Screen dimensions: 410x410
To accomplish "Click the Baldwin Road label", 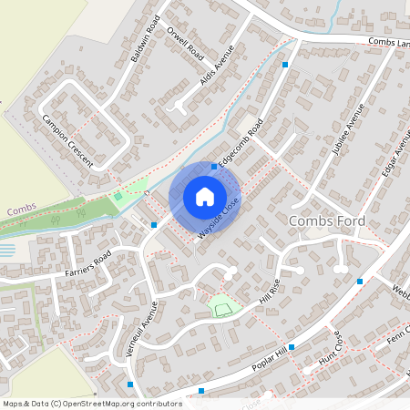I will [145, 38].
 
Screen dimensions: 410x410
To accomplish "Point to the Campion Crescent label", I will [67, 138].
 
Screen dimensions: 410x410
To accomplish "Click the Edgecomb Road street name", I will [240, 141].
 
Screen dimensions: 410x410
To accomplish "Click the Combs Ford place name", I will [326, 221].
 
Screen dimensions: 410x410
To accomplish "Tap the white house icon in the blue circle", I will [205, 196].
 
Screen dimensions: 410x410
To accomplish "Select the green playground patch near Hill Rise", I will [222, 310].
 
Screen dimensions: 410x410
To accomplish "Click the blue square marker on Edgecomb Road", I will [214, 167].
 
